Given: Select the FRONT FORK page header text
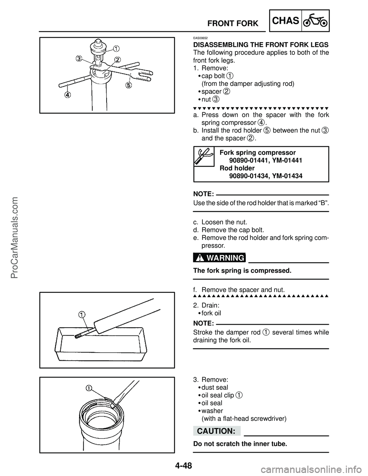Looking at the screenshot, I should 233,24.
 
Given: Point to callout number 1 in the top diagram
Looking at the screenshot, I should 115,48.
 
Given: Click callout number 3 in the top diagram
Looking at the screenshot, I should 79,59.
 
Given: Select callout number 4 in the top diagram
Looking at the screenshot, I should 67,95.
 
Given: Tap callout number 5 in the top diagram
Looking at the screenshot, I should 128,85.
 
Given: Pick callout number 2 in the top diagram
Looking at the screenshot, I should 117,59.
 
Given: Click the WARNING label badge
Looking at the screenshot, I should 219,258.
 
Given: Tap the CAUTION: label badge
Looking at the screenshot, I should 217,431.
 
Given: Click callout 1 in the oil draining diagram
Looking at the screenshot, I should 82,315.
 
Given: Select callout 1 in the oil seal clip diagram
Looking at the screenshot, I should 89,387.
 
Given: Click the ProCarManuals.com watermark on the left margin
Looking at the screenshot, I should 16,238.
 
